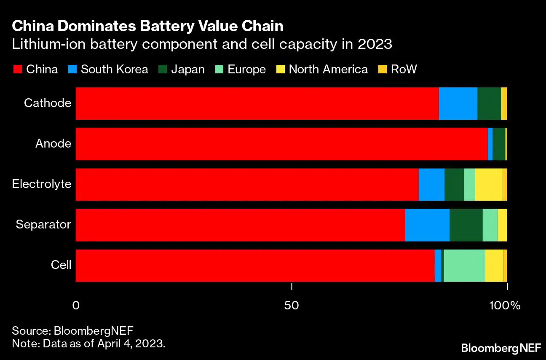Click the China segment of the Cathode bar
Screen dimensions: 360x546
[x=257, y=103]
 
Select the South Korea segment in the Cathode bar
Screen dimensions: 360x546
[x=458, y=103]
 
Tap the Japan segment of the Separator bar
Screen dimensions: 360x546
[x=466, y=225]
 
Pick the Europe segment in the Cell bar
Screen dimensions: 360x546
[x=464, y=265]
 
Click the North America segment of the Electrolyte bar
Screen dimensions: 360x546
[x=489, y=184]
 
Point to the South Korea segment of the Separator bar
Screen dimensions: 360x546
[x=427, y=225]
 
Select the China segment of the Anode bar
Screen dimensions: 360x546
[x=281, y=144]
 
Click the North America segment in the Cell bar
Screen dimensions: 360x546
[x=494, y=265]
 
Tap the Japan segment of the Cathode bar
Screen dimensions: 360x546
[x=489, y=103]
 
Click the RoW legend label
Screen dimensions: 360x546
[x=404, y=70]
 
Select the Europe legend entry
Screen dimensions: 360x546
[x=246, y=70]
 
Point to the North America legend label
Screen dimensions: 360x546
[x=328, y=70]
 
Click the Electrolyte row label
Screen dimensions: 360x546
[x=41, y=184]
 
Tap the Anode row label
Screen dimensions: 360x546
[x=53, y=144]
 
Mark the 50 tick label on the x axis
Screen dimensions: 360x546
[x=292, y=305]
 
